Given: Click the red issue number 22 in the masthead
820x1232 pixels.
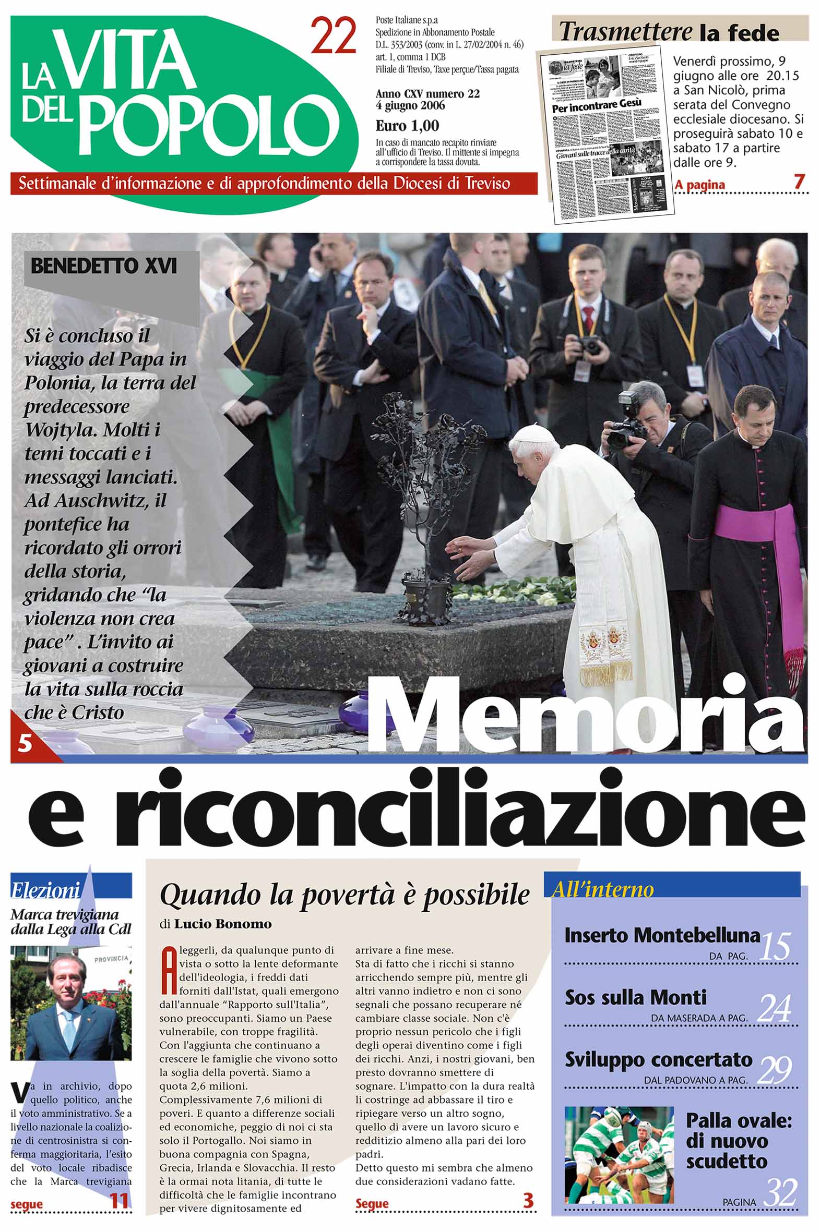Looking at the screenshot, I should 333,37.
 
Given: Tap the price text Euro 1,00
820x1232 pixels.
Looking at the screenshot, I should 407,126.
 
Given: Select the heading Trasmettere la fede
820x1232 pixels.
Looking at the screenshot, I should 669,32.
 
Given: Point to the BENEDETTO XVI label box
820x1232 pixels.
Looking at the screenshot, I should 104,267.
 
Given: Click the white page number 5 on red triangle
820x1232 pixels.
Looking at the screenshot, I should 25,742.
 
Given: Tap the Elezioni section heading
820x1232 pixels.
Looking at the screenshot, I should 46,890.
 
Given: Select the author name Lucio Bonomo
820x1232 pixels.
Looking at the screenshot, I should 223,924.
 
